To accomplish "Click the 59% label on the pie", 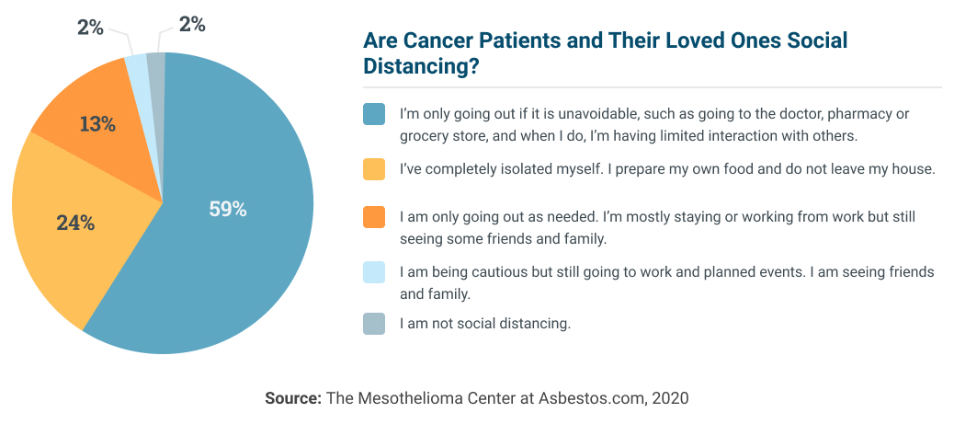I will (227, 209).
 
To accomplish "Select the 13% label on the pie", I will (97, 124).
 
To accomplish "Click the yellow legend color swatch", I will (373, 169).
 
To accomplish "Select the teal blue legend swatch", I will (373, 114).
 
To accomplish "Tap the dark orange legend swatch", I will (373, 217).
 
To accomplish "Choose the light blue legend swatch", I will (373, 272).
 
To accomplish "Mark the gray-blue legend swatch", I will (373, 323).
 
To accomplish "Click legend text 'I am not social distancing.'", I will (485, 323).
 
